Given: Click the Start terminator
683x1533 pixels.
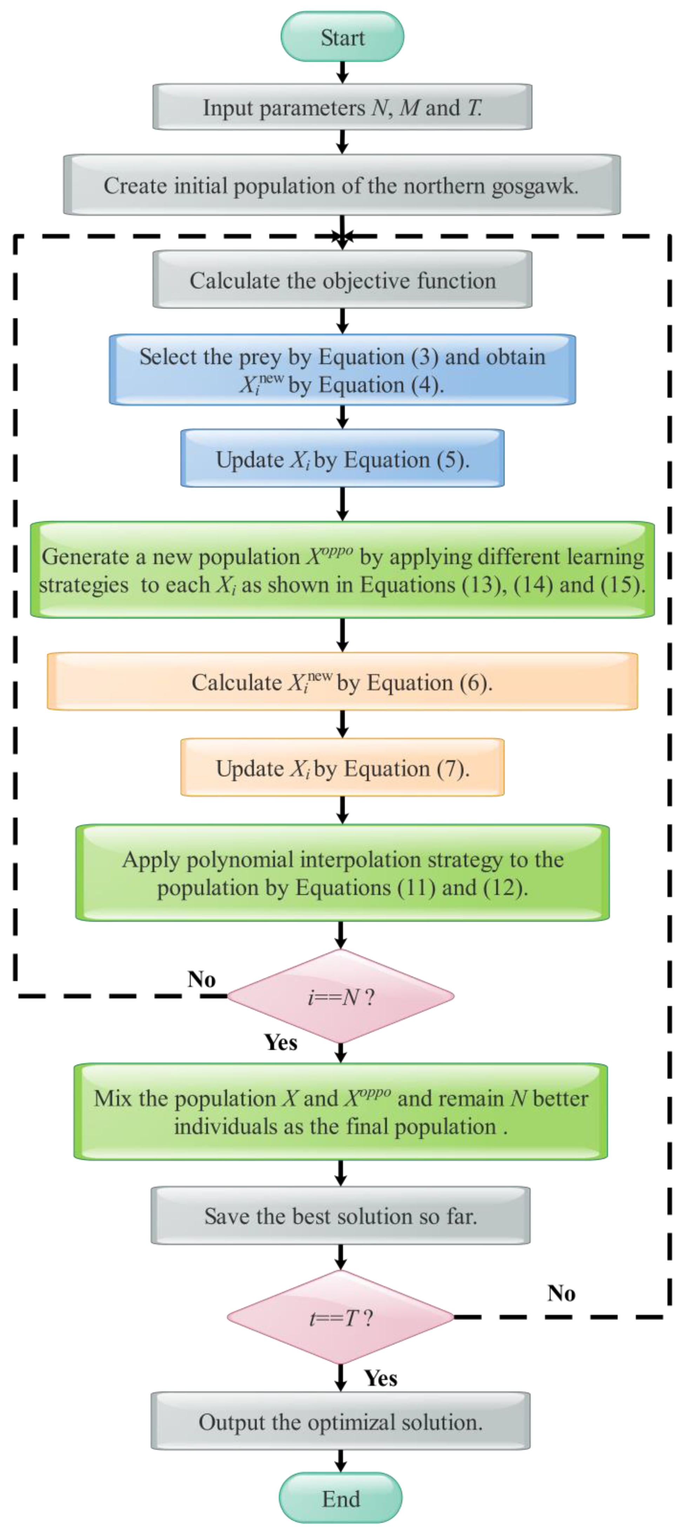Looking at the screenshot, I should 342,37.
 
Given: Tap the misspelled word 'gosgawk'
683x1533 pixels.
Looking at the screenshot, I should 534,186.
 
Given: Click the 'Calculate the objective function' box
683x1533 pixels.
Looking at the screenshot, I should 342,280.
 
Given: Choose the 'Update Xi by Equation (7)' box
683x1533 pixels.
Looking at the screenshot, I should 342,768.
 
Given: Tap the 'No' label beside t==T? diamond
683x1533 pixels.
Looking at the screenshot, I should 561,1293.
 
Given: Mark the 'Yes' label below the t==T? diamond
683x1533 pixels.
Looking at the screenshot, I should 381,1378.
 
